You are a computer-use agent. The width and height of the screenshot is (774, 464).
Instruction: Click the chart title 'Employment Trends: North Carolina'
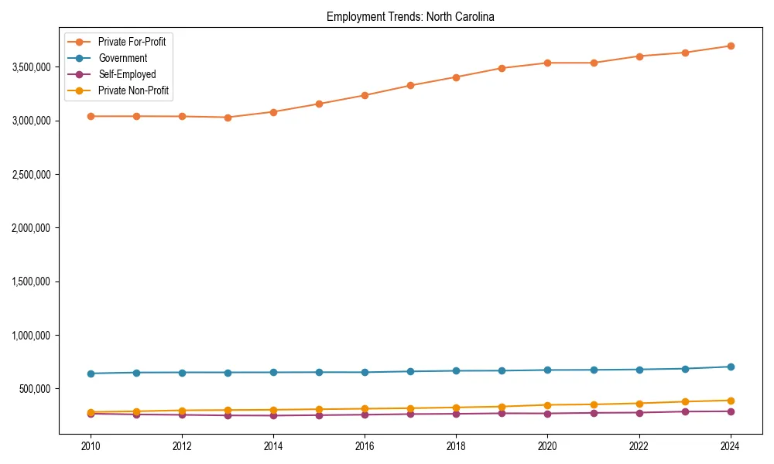click(410, 16)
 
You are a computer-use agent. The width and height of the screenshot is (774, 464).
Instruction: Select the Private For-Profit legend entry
click(132, 42)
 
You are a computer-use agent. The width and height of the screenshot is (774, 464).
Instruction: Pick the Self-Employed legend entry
click(127, 74)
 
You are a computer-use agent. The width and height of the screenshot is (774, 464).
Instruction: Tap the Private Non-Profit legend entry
click(133, 90)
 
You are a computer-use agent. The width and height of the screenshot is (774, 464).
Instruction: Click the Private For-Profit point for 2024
click(731, 46)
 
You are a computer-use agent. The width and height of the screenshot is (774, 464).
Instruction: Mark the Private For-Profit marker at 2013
click(228, 118)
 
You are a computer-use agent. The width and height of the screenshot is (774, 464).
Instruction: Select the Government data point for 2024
click(731, 367)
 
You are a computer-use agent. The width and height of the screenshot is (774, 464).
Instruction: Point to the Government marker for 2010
click(91, 374)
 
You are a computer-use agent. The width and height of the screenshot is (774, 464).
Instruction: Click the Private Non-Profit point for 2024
click(731, 401)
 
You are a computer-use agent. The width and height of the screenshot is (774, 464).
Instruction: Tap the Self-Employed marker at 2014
click(273, 415)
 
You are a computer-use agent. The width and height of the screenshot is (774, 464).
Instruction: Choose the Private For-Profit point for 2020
click(548, 63)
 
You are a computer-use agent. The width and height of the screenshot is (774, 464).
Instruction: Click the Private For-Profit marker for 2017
click(410, 85)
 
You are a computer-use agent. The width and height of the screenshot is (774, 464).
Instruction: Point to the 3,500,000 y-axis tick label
click(32, 67)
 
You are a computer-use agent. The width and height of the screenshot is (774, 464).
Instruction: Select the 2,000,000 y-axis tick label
click(32, 228)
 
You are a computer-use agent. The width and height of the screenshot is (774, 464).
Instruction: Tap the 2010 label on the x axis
click(91, 446)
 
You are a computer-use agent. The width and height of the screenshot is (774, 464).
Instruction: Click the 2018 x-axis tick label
click(457, 446)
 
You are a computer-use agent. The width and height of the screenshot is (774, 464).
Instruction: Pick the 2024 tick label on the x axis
click(731, 446)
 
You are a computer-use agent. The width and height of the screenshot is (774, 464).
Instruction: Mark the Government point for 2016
click(365, 372)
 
